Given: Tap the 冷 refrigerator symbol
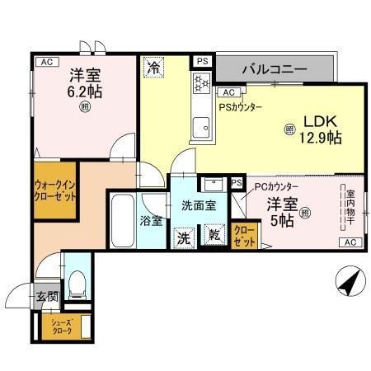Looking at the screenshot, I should click(153, 68).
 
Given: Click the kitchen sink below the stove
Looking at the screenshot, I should click(200, 127).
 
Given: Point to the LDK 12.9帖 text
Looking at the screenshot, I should click(320, 130).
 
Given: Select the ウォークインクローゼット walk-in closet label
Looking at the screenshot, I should click(56, 191).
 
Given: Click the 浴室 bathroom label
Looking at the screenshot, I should click(151, 222).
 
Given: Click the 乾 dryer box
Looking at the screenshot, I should click(214, 236).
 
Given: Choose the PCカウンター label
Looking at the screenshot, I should click(276, 188).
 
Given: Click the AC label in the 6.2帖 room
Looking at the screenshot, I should click(45, 62).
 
